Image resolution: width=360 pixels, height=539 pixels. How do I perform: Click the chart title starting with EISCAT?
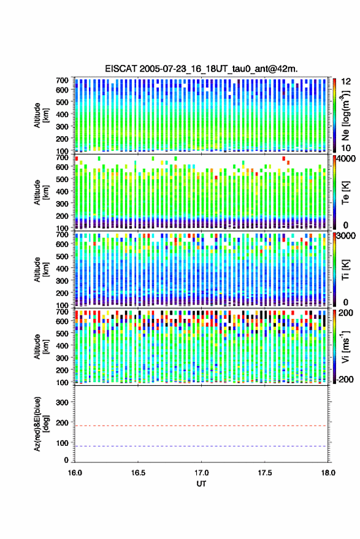coord(201,69)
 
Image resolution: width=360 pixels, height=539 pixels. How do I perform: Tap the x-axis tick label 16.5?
coord(138,473)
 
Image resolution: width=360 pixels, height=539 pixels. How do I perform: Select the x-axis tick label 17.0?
coord(202,473)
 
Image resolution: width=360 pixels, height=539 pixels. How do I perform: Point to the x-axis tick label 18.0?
coord(328,473)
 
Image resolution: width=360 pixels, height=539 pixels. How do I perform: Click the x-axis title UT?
coord(202,484)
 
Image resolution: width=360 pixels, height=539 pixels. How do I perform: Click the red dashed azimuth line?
coord(202,426)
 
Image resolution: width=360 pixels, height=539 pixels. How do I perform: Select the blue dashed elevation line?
coord(202,446)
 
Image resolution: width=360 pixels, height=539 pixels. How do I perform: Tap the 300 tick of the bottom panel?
coord(62,402)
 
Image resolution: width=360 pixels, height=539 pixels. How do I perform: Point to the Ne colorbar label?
coord(345,115)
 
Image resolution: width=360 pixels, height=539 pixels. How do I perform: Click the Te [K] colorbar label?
coord(345,193)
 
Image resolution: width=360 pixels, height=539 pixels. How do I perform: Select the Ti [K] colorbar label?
coord(345,270)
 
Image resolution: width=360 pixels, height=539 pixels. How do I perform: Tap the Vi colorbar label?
coord(345,346)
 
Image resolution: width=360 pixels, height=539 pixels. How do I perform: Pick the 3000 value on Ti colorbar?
coord(347,236)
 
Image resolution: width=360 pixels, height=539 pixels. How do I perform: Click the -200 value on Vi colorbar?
coord(345,380)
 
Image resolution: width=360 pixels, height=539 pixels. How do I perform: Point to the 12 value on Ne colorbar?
coord(346,82)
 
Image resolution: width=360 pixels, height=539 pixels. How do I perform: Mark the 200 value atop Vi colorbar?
coord(346,313)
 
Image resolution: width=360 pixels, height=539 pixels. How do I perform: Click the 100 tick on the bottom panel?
coord(62,443)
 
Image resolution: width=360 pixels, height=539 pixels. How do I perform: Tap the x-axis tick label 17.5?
coord(265,473)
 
